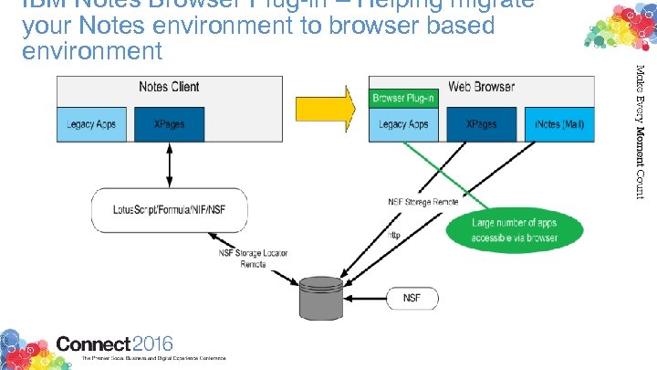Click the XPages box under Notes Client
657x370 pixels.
168,124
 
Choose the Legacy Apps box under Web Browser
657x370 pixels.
404,124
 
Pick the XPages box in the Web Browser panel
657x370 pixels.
481,124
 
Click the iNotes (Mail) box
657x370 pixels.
558,124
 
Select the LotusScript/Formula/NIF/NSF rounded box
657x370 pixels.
154,209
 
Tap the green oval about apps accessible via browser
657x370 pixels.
515,229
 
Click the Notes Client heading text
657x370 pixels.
169,87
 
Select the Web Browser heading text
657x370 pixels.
481,87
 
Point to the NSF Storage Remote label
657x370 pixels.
421,202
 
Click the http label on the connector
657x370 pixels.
395,234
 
